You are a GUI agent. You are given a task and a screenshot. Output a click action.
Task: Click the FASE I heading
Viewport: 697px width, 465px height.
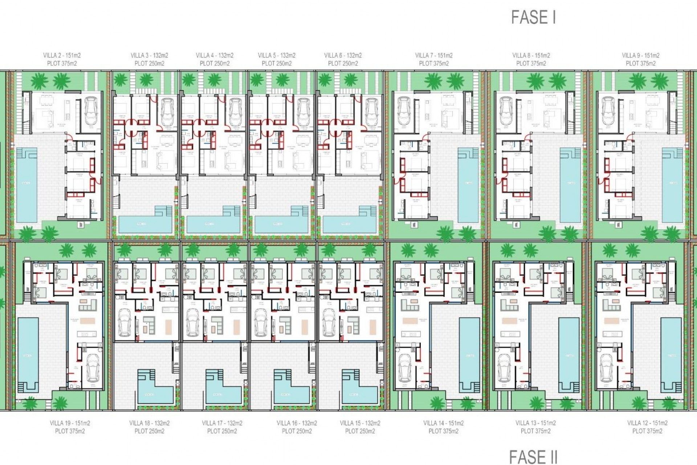coord(533,17)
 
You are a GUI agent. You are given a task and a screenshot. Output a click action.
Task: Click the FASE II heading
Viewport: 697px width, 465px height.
coord(533,457)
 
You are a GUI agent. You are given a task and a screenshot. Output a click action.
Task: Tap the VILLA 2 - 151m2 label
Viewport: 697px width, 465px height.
coord(62,56)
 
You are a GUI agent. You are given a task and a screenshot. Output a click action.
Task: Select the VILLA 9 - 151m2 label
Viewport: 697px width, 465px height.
coord(640,56)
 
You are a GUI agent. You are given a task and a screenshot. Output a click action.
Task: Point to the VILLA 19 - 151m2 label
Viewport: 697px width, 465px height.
coord(70,423)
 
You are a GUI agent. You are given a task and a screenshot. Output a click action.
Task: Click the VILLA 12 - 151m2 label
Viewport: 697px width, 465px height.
coord(647,423)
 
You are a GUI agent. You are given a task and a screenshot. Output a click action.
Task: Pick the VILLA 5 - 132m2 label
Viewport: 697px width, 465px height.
coord(277,56)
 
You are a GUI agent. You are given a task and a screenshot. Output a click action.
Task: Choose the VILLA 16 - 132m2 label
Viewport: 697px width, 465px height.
coord(297,423)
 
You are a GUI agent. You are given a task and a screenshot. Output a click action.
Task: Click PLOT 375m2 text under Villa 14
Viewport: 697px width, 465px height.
coord(443,431)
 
